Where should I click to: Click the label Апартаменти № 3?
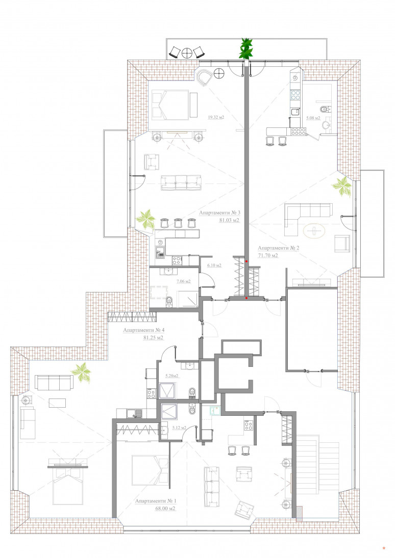pos(219,213)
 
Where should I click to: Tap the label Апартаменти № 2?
pos(279,248)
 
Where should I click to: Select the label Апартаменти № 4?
pos(144,330)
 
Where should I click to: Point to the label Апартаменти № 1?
pos(156,501)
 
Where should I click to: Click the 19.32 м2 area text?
pos(216,117)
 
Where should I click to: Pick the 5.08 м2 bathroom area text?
pos(313,118)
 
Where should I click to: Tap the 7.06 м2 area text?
pos(184,281)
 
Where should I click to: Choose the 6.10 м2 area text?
pos(214,265)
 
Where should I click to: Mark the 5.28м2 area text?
pos(172,376)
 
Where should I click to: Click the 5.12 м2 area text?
pos(179,428)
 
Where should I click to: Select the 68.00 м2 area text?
pos(165,509)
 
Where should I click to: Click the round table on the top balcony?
pos(187,52)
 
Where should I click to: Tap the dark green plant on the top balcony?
pos(246,48)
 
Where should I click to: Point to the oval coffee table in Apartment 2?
pos(314,231)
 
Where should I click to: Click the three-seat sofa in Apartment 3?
pos(181,182)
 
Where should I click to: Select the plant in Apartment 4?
pos(81,373)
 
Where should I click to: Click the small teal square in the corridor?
pos(215,411)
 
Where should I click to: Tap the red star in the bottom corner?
pos(384,548)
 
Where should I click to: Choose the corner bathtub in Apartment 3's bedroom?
pos(205,77)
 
